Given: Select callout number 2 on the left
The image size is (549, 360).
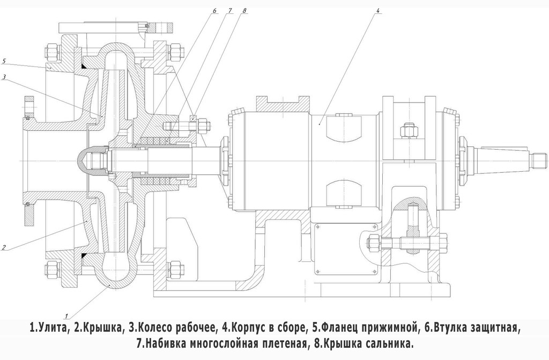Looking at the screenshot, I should (4, 247).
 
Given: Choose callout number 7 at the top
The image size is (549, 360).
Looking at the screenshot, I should (229, 11).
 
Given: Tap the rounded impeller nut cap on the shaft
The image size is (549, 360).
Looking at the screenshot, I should (85, 159).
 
